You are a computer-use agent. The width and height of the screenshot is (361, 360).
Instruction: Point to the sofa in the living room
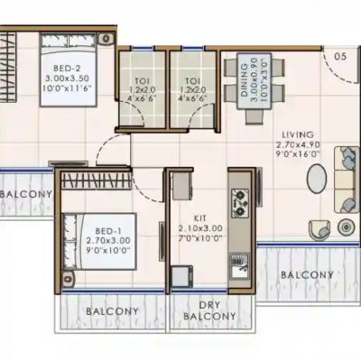pos(345,178)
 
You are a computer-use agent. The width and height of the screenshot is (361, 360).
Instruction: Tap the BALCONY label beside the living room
pos(306,273)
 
